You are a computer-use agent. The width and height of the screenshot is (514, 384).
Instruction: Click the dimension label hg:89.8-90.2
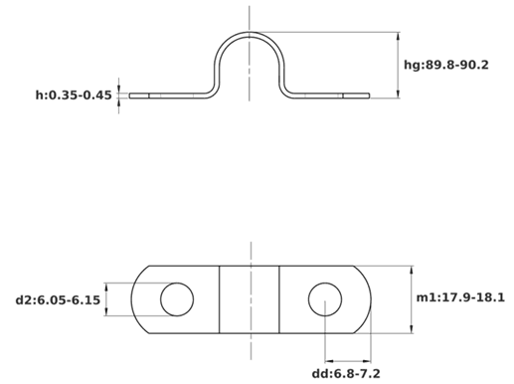coord(445,65)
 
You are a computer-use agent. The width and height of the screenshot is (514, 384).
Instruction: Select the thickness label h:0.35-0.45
coord(74,96)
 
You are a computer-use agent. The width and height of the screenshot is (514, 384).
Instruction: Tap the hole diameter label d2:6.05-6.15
coord(58,300)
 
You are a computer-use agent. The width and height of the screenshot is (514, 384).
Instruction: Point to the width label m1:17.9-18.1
coord(460,297)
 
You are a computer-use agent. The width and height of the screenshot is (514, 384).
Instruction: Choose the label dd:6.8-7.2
coord(346,374)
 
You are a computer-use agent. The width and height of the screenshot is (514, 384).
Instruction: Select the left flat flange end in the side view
coord(139,96)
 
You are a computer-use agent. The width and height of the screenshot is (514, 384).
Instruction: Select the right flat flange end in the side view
coord(356,96)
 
